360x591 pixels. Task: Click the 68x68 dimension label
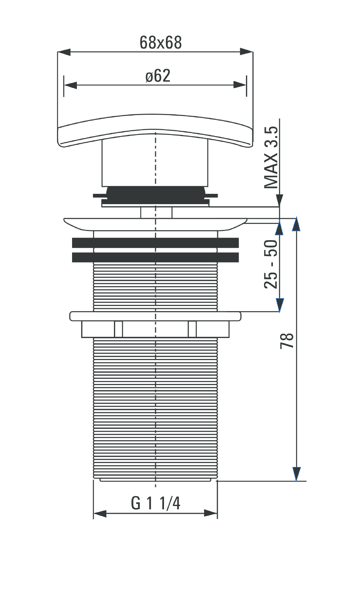(161, 43)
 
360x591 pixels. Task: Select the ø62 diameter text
(158, 76)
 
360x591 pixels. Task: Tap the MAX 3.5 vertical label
(271, 157)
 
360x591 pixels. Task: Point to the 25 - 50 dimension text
(271, 264)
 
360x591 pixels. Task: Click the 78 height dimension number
(287, 341)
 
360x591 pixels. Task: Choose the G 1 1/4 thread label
(156, 503)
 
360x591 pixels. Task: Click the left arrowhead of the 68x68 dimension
(64, 52)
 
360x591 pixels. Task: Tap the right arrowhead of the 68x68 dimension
(246, 52)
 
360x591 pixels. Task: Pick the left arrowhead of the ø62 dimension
(70, 85)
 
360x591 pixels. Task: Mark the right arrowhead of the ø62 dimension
(240, 85)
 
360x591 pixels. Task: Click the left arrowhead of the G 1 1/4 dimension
(100, 513)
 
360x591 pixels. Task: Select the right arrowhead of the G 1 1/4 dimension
(211, 513)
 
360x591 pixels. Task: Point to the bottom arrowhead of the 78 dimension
(296, 474)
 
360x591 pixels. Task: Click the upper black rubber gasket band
(155, 243)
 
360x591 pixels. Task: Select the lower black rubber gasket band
(155, 257)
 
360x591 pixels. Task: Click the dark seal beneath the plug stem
(155, 194)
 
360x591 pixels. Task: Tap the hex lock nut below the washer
(155, 329)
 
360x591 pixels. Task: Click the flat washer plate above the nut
(155, 316)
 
